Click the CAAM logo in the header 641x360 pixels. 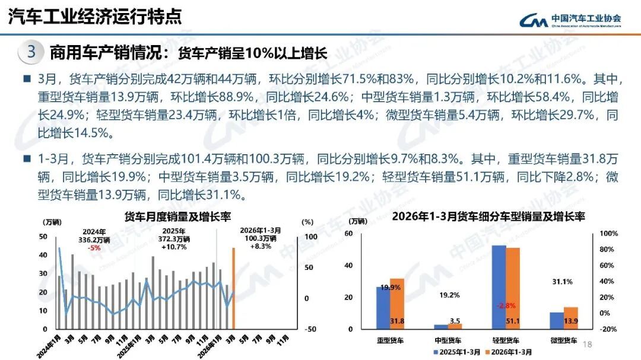570,20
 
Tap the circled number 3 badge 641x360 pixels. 31,52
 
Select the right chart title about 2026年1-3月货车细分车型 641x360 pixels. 488,216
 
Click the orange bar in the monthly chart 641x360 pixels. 233,288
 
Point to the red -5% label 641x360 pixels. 94,248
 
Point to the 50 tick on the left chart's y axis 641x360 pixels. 43,237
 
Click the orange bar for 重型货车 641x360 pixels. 396,303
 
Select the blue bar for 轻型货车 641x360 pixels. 499,286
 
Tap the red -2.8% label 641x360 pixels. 506,305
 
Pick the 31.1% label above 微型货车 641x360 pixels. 563,282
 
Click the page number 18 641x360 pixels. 589,345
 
